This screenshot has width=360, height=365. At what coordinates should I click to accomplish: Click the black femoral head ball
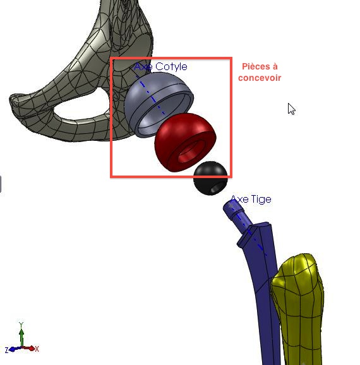click(210, 178)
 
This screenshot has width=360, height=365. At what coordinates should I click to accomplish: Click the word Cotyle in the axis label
click(171, 67)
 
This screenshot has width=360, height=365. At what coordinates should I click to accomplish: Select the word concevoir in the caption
click(260, 78)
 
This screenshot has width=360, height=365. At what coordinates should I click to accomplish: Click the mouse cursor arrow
click(291, 109)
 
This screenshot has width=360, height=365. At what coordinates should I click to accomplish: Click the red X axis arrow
click(29, 349)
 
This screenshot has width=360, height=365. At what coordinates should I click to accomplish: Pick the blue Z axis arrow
click(15, 349)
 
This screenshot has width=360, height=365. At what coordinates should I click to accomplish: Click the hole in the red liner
click(189, 152)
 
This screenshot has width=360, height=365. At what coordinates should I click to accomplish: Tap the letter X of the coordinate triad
click(37, 349)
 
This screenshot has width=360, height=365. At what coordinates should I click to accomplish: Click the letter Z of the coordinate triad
click(6, 350)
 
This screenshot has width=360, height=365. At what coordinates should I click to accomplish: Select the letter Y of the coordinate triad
click(21, 325)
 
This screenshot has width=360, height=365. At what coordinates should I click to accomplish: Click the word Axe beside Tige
click(239, 200)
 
